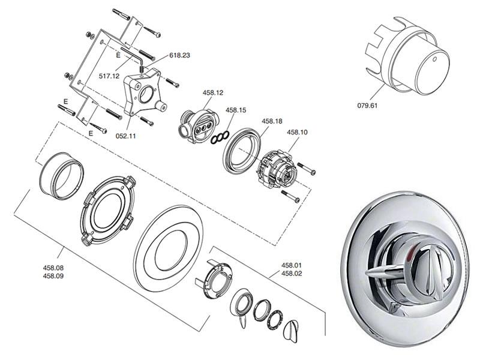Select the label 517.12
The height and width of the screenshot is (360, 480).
pos(109,76)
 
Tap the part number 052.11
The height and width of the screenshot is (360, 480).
pos(126,136)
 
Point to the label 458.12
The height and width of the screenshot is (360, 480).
pos(212,92)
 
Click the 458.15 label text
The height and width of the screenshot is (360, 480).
pos(236,110)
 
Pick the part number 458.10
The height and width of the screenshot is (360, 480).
pos(297,132)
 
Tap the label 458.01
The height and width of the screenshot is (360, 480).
pos(292,265)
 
